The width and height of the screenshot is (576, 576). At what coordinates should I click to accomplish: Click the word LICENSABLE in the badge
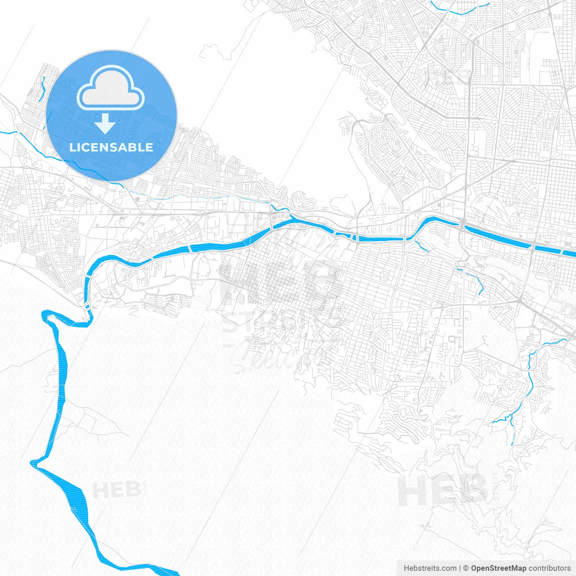coord(111,148)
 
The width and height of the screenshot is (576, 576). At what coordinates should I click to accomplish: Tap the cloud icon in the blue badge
coord(111,88)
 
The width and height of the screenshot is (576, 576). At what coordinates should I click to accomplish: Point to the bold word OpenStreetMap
coord(499,568)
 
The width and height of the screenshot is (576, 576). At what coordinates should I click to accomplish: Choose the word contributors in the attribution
coord(549,568)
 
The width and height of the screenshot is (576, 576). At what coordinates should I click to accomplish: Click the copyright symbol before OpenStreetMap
coord(466,568)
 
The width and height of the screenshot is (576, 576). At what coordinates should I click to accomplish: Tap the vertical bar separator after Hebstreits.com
coord(460,568)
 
